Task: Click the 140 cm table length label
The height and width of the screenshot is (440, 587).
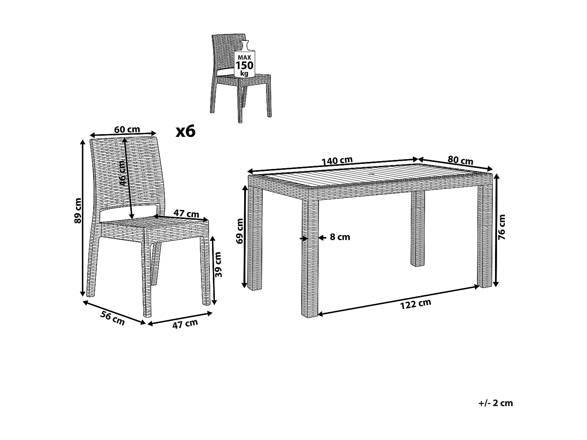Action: click(337, 161)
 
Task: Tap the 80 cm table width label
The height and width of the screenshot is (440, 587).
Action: click(461, 160)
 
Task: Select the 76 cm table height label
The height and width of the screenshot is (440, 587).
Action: click(502, 227)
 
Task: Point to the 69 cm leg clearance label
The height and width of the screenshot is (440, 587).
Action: click(240, 231)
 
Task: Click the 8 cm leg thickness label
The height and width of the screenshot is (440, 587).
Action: click(340, 237)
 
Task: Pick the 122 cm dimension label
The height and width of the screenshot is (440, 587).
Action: click(416, 304)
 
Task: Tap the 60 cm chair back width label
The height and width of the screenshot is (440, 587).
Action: click(127, 129)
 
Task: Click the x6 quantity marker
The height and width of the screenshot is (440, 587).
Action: click(185, 132)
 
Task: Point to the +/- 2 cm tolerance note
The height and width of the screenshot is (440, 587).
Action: click(495, 403)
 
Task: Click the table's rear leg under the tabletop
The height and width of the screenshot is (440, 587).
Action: click(418, 229)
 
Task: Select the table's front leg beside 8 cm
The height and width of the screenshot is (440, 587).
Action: click(310, 258)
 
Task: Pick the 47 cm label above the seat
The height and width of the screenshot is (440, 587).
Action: click(186, 214)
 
